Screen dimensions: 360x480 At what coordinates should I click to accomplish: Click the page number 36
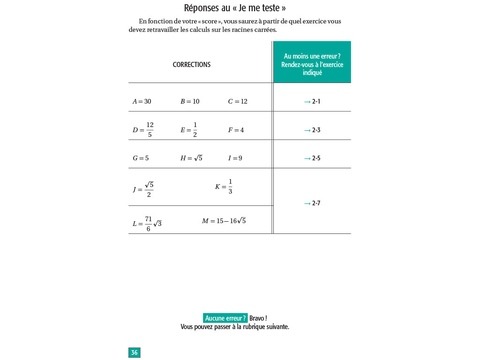pos(134,352)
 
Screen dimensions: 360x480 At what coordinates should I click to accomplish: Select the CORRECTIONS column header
pos(192,65)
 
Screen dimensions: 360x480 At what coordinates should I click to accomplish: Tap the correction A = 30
pos(142,101)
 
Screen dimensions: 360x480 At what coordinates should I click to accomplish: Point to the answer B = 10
pos(190,101)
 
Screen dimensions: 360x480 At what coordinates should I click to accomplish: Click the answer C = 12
pos(238,101)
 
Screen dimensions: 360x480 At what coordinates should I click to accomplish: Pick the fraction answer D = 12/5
pos(143,130)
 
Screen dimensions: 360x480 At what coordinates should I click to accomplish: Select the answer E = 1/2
pos(189,130)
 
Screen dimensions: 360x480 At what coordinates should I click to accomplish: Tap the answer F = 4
pos(236,130)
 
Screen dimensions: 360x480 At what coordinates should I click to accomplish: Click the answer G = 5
pos(141,158)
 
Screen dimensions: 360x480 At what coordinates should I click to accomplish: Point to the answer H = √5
pos(191,158)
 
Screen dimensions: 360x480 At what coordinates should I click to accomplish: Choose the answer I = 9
pos(235,158)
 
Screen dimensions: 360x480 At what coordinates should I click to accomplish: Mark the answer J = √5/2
pos(143,189)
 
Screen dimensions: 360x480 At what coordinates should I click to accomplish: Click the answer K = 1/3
pos(224,186)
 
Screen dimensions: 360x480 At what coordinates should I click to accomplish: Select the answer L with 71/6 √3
pos(147,224)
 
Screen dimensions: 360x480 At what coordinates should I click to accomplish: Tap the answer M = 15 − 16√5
pos(224,221)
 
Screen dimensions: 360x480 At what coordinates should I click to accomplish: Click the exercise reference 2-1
pos(316,101)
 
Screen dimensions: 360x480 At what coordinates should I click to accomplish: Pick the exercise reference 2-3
pos(316,130)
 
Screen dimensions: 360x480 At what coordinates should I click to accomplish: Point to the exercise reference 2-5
pos(316,158)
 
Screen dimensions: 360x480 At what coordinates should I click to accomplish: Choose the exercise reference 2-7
pos(316,203)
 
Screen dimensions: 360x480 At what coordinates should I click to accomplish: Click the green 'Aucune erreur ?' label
pos(225,318)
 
